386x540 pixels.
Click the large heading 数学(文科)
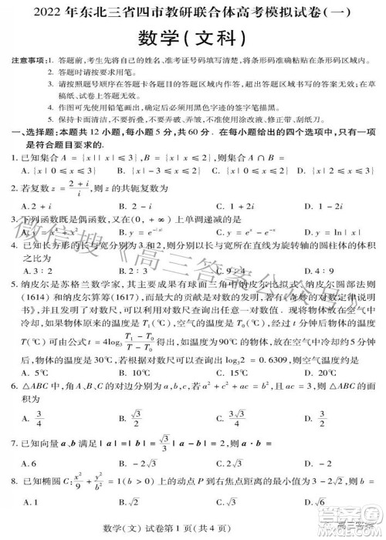click(192, 37)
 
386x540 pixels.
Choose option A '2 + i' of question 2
click(35, 206)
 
